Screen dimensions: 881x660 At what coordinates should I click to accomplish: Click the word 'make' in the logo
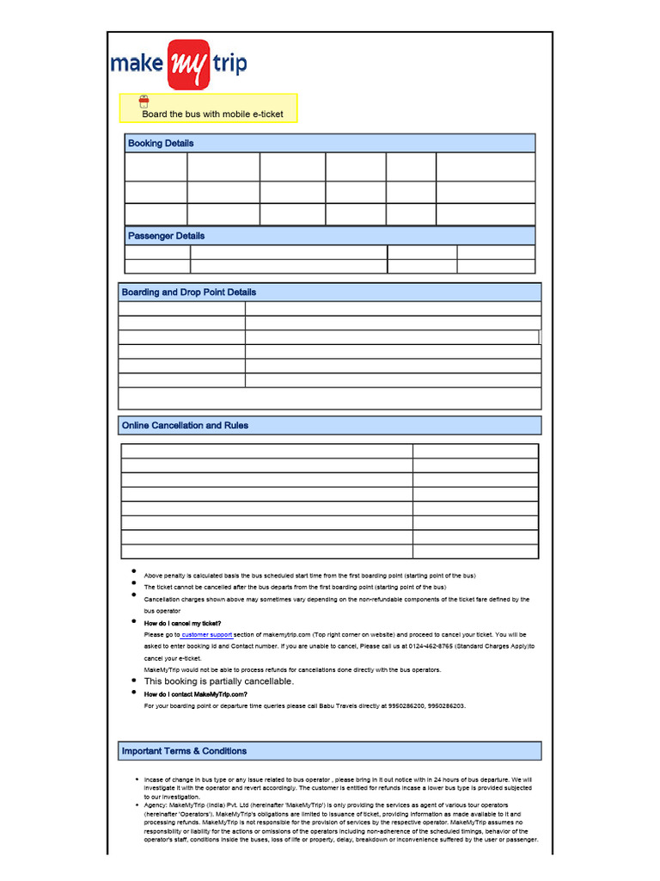[x=140, y=65]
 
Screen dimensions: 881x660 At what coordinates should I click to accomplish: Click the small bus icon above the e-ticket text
[x=144, y=102]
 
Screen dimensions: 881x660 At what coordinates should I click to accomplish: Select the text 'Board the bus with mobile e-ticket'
[x=212, y=114]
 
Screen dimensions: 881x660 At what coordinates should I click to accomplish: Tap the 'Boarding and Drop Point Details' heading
[x=189, y=293]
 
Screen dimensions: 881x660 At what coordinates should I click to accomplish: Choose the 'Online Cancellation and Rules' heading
[x=185, y=425]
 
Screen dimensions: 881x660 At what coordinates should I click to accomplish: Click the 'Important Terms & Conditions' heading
[x=184, y=751]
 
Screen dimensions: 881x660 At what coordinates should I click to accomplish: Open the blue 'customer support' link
[x=207, y=634]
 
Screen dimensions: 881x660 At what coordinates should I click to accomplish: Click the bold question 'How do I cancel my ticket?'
[x=182, y=623]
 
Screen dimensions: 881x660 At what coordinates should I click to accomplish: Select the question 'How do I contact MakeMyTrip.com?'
[x=196, y=693]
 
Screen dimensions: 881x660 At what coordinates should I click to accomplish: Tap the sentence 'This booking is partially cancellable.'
[x=219, y=681]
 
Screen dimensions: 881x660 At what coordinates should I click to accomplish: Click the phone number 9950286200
[x=400, y=705]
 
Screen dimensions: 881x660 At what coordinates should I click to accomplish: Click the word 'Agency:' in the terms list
[x=156, y=805]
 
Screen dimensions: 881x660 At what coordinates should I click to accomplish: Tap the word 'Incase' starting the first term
[x=155, y=778]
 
